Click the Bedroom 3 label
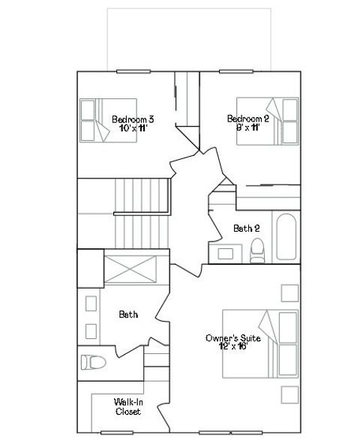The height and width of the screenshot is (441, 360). click(x=133, y=118)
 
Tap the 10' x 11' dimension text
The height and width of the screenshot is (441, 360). click(x=133, y=127)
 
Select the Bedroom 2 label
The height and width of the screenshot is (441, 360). click(x=247, y=118)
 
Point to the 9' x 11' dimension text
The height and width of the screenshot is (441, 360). click(x=247, y=127)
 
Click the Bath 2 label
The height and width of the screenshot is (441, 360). click(x=246, y=228)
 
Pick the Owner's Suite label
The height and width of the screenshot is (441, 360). click(x=232, y=339)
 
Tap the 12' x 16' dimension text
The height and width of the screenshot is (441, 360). click(x=232, y=348)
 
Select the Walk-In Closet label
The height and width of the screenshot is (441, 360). click(x=128, y=406)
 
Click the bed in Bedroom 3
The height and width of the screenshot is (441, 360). click(x=109, y=120)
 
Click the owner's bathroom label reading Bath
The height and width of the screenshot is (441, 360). click(x=128, y=315)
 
